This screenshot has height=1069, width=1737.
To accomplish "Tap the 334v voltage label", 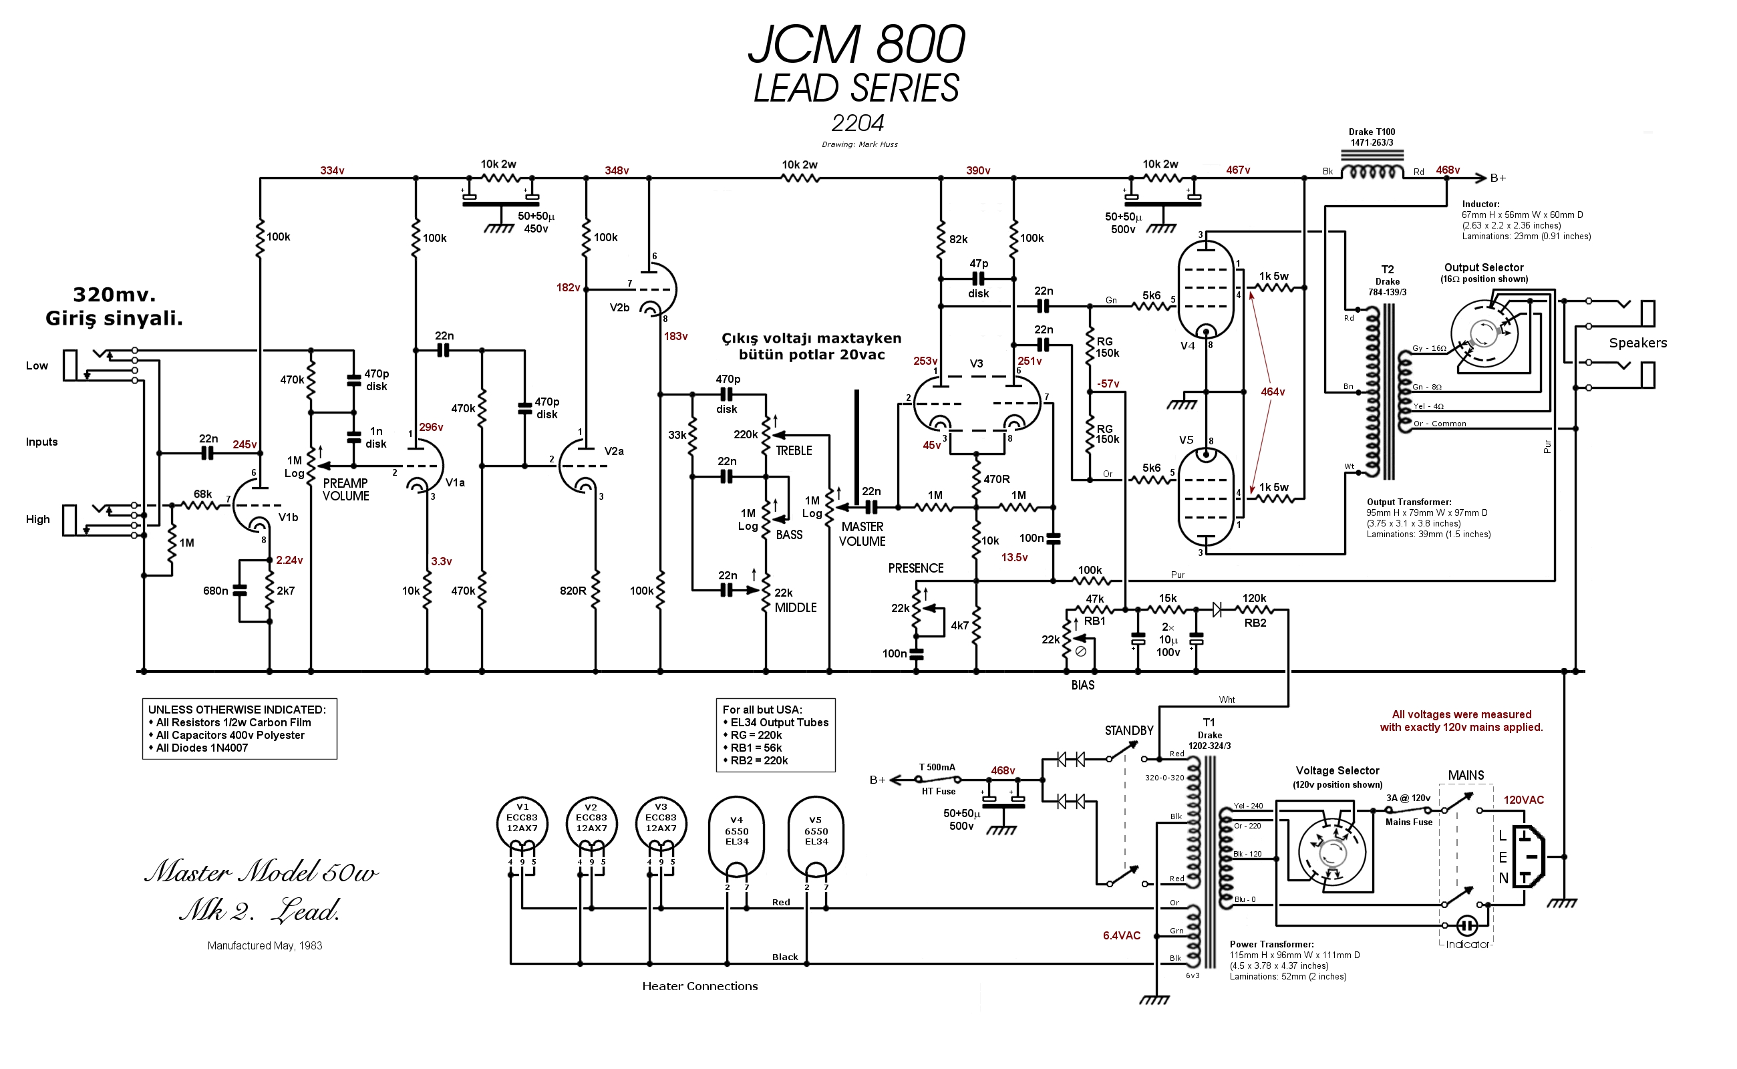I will pos(331,170).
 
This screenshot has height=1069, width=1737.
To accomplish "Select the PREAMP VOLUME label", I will pos(345,489).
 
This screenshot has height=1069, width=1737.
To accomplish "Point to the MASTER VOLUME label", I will pos(862,534).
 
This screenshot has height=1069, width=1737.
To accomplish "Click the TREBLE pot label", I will pos(793,450).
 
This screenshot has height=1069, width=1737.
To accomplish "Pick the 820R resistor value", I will pos(573,591).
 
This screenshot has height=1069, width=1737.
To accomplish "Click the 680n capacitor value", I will pos(215,591).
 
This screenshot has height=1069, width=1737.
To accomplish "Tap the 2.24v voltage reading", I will pos(289,560).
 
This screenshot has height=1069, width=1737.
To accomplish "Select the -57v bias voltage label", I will pos(1108,384).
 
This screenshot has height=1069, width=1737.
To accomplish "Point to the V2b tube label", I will pos(619,307).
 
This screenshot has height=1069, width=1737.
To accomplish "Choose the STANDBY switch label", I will pos(1129,730).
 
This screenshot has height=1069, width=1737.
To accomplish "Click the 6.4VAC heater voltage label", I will pos(1121,935).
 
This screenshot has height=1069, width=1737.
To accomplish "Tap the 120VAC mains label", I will pos(1523,800).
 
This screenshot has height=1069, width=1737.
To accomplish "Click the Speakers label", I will pos(1637,343).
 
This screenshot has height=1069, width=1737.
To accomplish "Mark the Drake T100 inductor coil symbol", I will pos(1372,172).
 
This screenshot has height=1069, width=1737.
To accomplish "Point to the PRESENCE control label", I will pos(915,568).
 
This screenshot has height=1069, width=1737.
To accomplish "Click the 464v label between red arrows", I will pos(1273,392).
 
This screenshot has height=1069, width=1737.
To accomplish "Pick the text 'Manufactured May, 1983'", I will pos(265,945).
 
